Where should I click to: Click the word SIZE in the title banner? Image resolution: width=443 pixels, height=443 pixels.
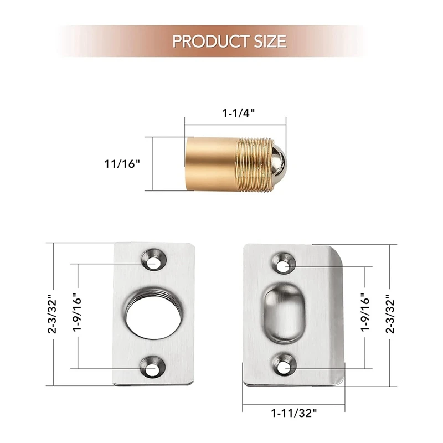coord(270,41)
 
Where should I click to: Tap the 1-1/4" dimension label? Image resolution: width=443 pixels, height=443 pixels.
coord(238,113)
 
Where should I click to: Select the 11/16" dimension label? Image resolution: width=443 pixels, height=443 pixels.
coord(122,164)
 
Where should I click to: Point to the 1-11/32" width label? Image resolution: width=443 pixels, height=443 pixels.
coord(294,413)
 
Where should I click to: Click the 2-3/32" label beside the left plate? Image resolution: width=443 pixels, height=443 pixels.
coord(53,314)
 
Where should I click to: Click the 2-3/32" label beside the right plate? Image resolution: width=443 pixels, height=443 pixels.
coord(390,314)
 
